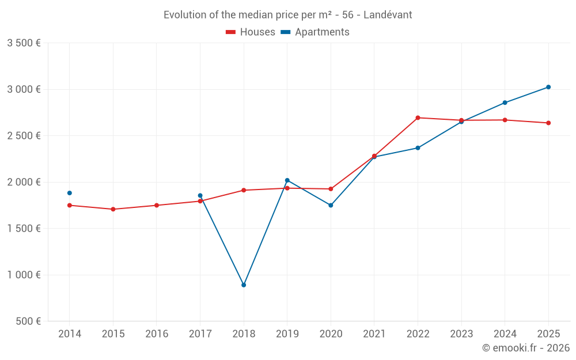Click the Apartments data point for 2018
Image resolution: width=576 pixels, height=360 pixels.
tap(244, 285)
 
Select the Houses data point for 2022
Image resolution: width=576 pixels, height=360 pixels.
tap(418, 118)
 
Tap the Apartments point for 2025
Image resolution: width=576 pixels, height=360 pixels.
tap(548, 87)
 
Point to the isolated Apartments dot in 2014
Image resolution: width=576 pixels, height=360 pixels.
tap(70, 193)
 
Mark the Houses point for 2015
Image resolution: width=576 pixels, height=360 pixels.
tap(113, 209)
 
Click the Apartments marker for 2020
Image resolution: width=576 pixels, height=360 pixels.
tap(331, 205)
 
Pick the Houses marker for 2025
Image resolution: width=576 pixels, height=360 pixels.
tap(548, 123)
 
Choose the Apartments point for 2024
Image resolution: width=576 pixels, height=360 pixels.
tap(505, 103)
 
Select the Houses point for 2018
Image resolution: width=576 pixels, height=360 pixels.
tap(244, 190)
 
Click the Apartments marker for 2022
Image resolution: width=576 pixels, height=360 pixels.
tap(418, 148)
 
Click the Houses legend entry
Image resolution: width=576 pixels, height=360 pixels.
tap(251, 32)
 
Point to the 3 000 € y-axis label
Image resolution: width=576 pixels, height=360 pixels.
tap(24, 89)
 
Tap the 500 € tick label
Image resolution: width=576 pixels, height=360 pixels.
tap(28, 321)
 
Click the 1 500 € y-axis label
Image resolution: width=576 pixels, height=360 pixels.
tap(24, 228)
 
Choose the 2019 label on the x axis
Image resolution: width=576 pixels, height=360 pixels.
tap(287, 334)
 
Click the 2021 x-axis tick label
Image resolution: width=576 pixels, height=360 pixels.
tap(374, 334)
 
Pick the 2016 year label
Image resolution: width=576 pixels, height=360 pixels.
tap(157, 334)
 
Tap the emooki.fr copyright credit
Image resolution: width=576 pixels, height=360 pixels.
tap(525, 348)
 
